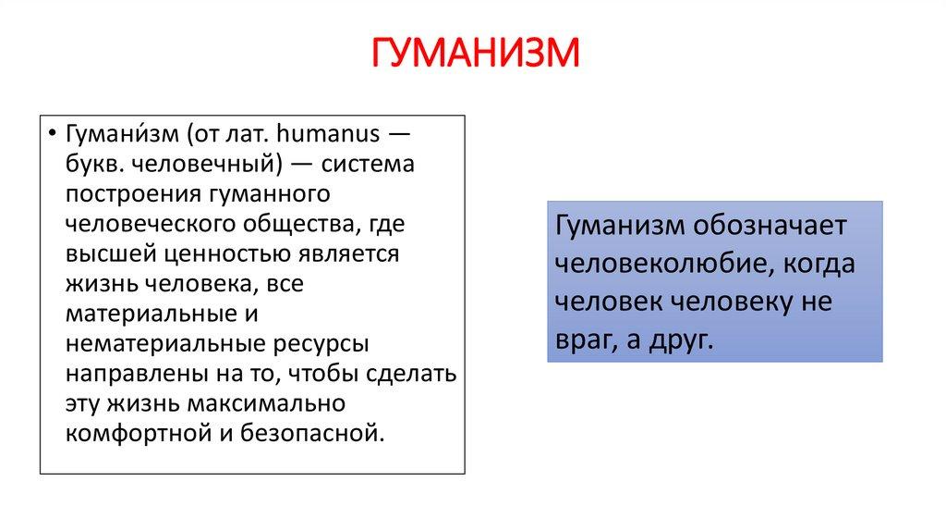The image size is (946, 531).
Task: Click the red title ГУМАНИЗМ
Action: [x=475, y=53]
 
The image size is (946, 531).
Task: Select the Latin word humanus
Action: [x=328, y=133]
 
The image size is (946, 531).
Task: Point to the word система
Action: [x=368, y=165]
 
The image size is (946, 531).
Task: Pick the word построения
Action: [x=133, y=194]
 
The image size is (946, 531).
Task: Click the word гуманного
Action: [x=270, y=194]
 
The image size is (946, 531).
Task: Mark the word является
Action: [x=348, y=254]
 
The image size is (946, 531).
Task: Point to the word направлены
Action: [x=137, y=375]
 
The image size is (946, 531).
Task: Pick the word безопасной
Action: [x=312, y=435]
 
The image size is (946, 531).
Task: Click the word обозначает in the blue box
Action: [x=770, y=226]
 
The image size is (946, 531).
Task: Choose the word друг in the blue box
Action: [x=681, y=341]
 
